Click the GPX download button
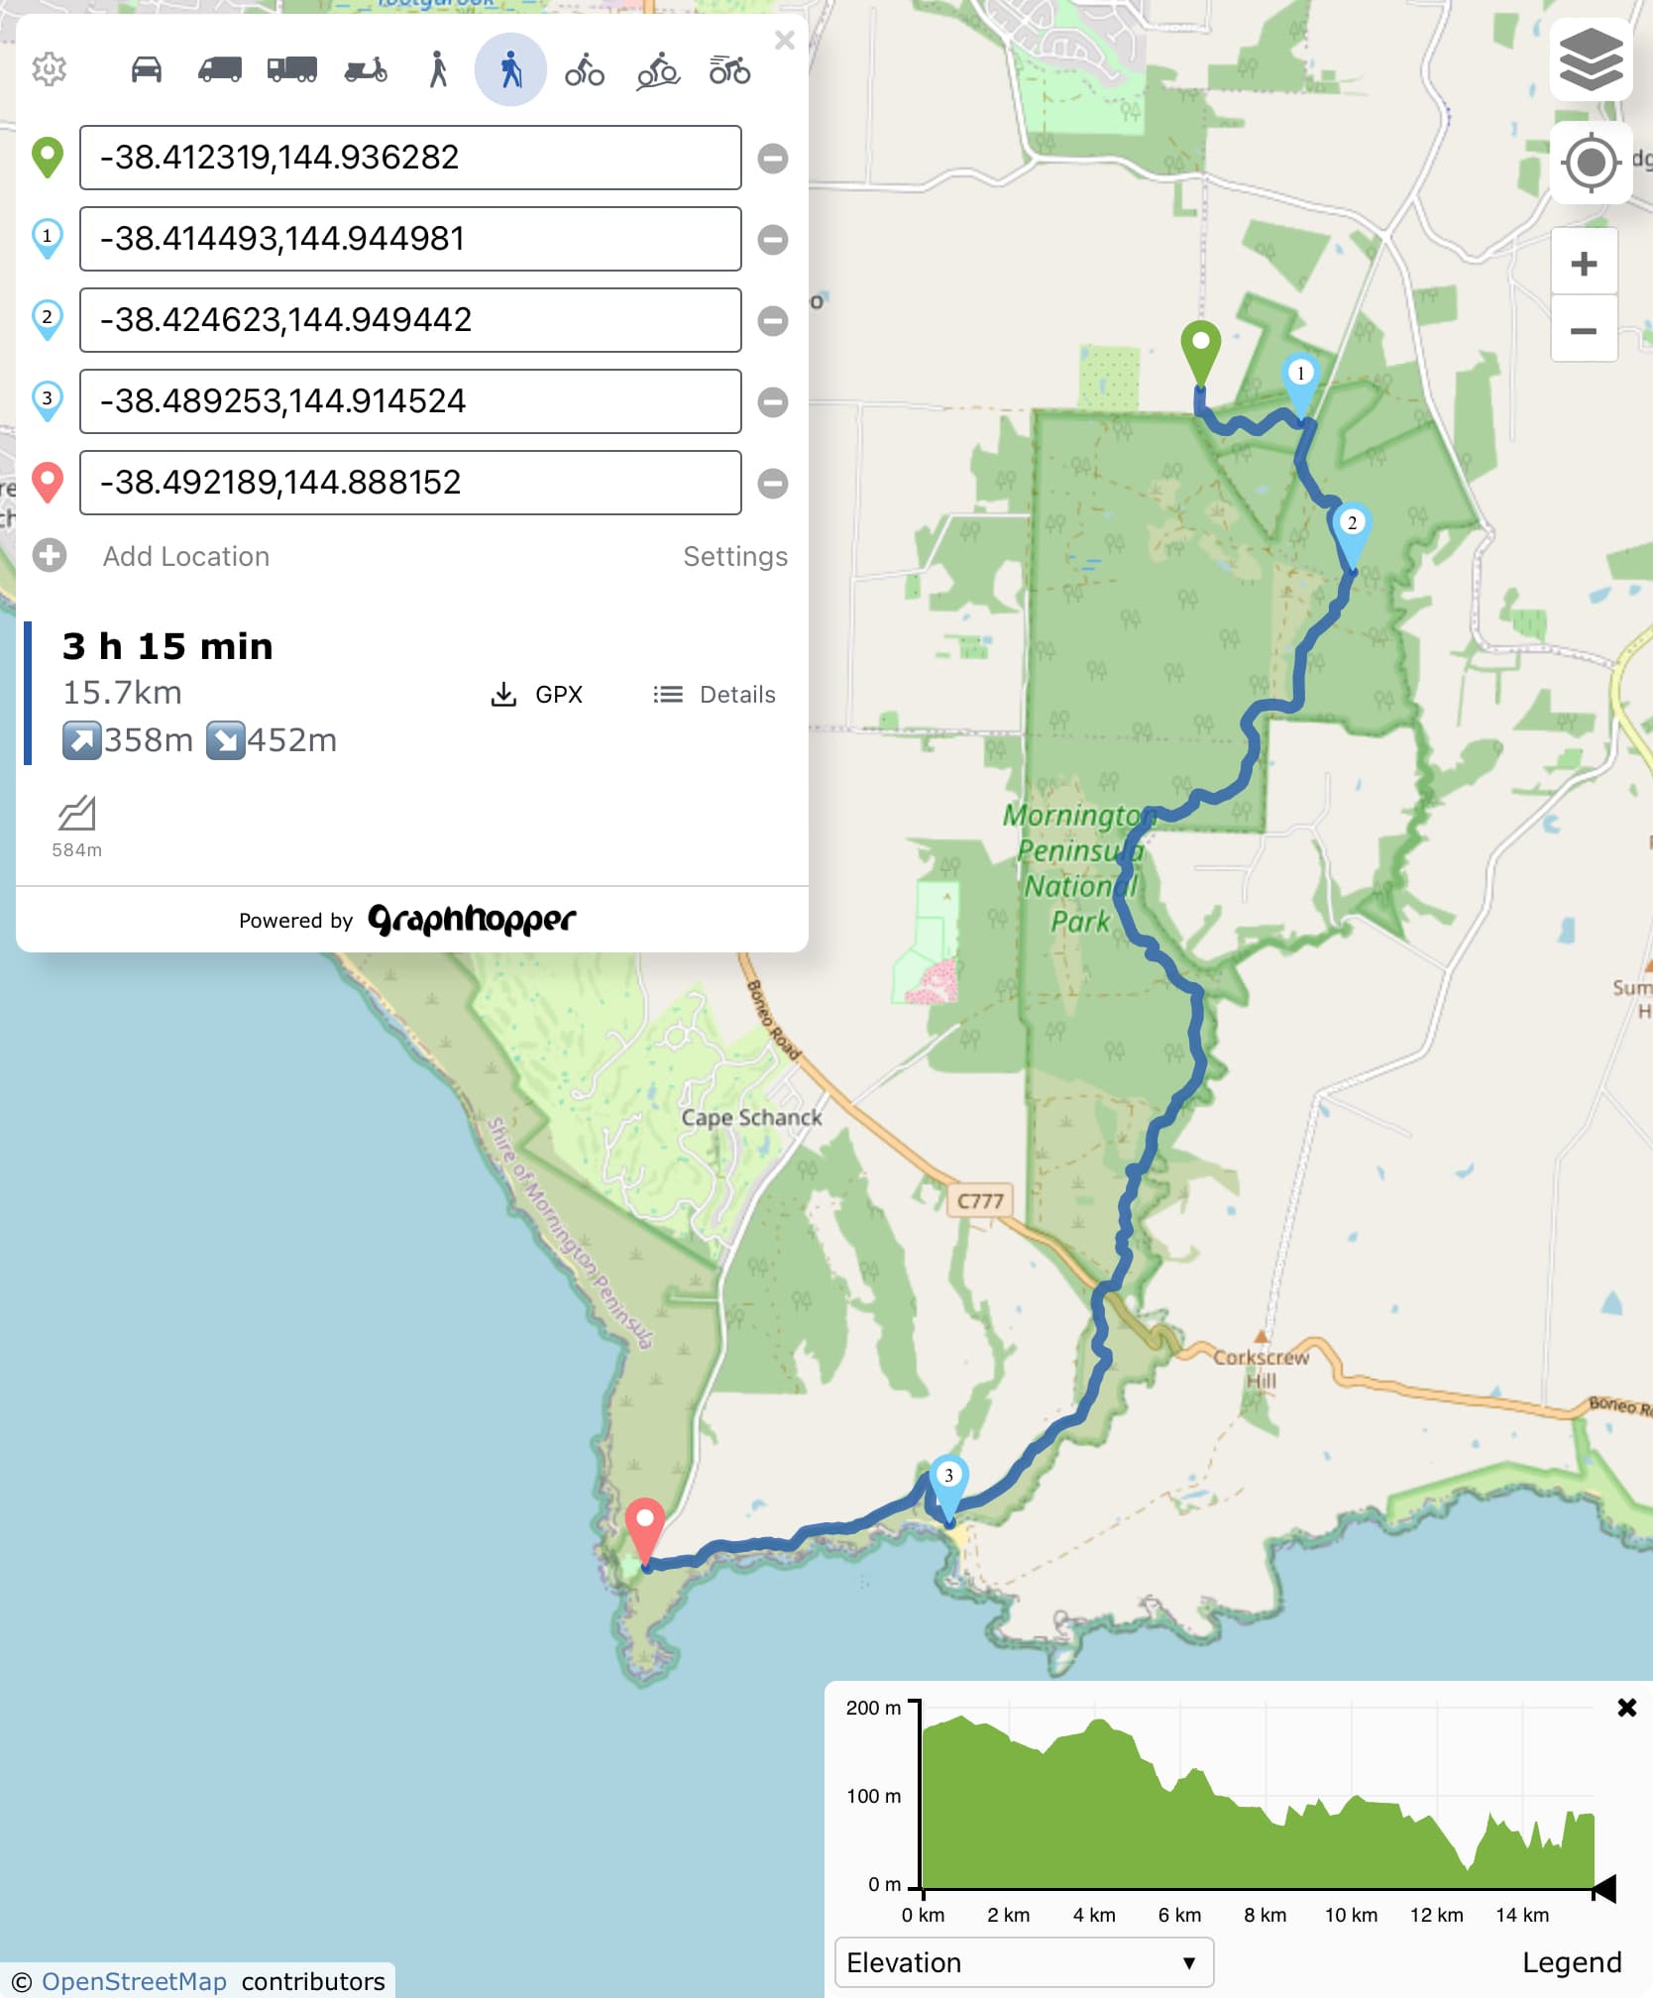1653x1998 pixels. click(537, 695)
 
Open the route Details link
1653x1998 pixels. click(715, 695)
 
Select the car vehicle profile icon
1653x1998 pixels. click(147, 69)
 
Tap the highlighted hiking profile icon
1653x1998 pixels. click(510, 69)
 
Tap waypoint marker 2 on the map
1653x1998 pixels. click(1352, 530)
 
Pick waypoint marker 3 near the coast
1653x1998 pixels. click(948, 1483)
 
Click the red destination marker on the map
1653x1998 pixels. click(645, 1526)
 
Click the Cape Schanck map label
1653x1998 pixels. click(751, 1118)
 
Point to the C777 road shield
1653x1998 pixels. click(980, 1201)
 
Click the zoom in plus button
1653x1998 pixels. click(1584, 264)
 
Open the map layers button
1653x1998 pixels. click(1591, 59)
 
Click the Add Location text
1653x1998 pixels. click(186, 557)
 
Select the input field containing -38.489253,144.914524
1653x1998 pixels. click(410, 401)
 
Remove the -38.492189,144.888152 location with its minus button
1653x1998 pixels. click(773, 484)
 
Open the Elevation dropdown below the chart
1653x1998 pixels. click(1024, 1962)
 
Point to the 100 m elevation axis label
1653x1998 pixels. click(873, 1796)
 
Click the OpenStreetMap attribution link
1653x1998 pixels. click(134, 1981)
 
